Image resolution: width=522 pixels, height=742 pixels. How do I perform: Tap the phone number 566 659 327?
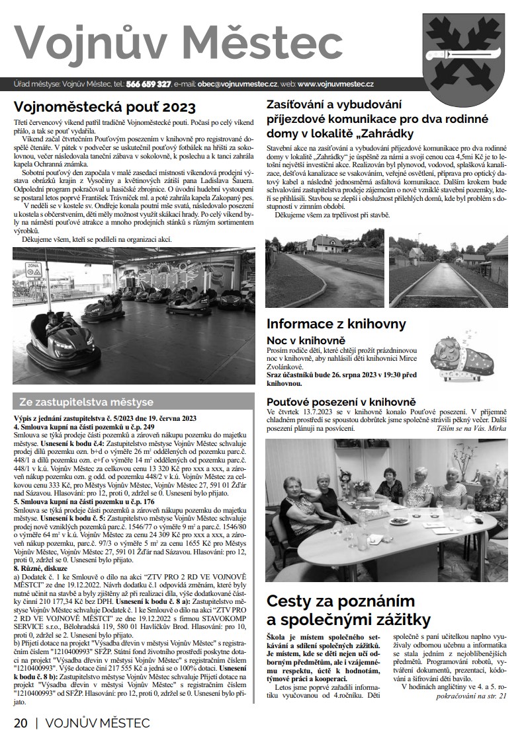(148, 85)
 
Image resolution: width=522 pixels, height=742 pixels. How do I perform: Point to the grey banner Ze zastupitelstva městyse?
(86, 402)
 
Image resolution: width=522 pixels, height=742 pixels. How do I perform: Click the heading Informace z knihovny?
(335, 324)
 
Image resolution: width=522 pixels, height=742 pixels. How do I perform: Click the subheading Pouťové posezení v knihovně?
(341, 401)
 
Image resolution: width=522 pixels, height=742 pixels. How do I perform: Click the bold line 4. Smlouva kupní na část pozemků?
(84, 427)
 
